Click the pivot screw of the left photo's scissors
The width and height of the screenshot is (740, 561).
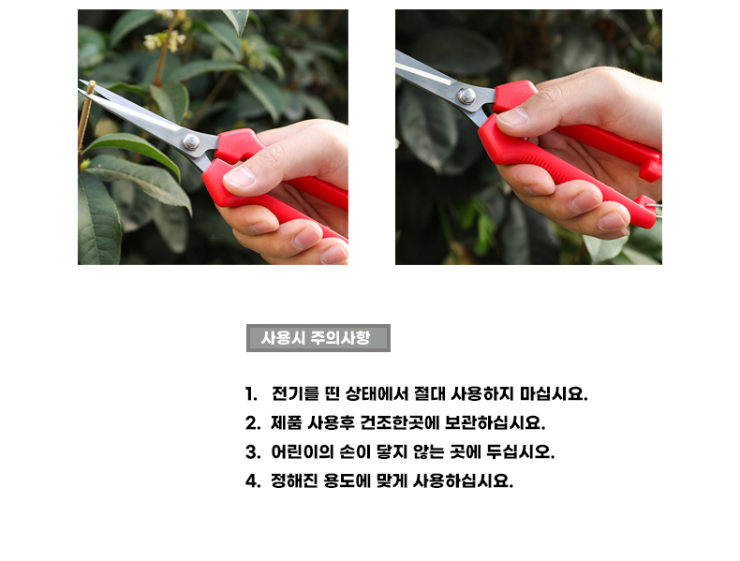click(191, 141)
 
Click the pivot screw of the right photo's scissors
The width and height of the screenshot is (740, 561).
click(466, 96)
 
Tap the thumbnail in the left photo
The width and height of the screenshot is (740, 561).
click(239, 177)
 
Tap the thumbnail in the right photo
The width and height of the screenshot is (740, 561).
click(512, 116)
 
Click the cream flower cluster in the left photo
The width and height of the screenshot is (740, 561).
click(165, 40)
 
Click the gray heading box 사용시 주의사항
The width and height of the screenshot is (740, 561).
click(318, 338)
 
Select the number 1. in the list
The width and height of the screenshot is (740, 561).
click(251, 393)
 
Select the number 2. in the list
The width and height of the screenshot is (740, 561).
click(253, 422)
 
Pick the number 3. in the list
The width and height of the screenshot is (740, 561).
click(253, 452)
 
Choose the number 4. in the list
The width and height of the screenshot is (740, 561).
click(253, 481)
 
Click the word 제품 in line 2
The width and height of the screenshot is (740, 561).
click(286, 422)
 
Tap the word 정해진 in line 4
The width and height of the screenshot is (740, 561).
click(294, 481)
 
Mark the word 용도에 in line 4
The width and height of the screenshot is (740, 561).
click(347, 481)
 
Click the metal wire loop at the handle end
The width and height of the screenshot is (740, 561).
click(655, 208)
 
